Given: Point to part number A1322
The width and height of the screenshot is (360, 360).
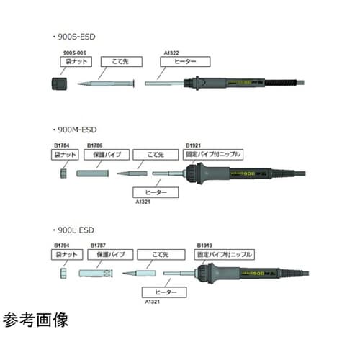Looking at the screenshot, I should click(x=171, y=53).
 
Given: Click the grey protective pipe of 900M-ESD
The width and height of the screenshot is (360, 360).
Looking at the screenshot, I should click(x=92, y=174).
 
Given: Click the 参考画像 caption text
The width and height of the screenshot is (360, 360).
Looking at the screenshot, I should click(x=36, y=320).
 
